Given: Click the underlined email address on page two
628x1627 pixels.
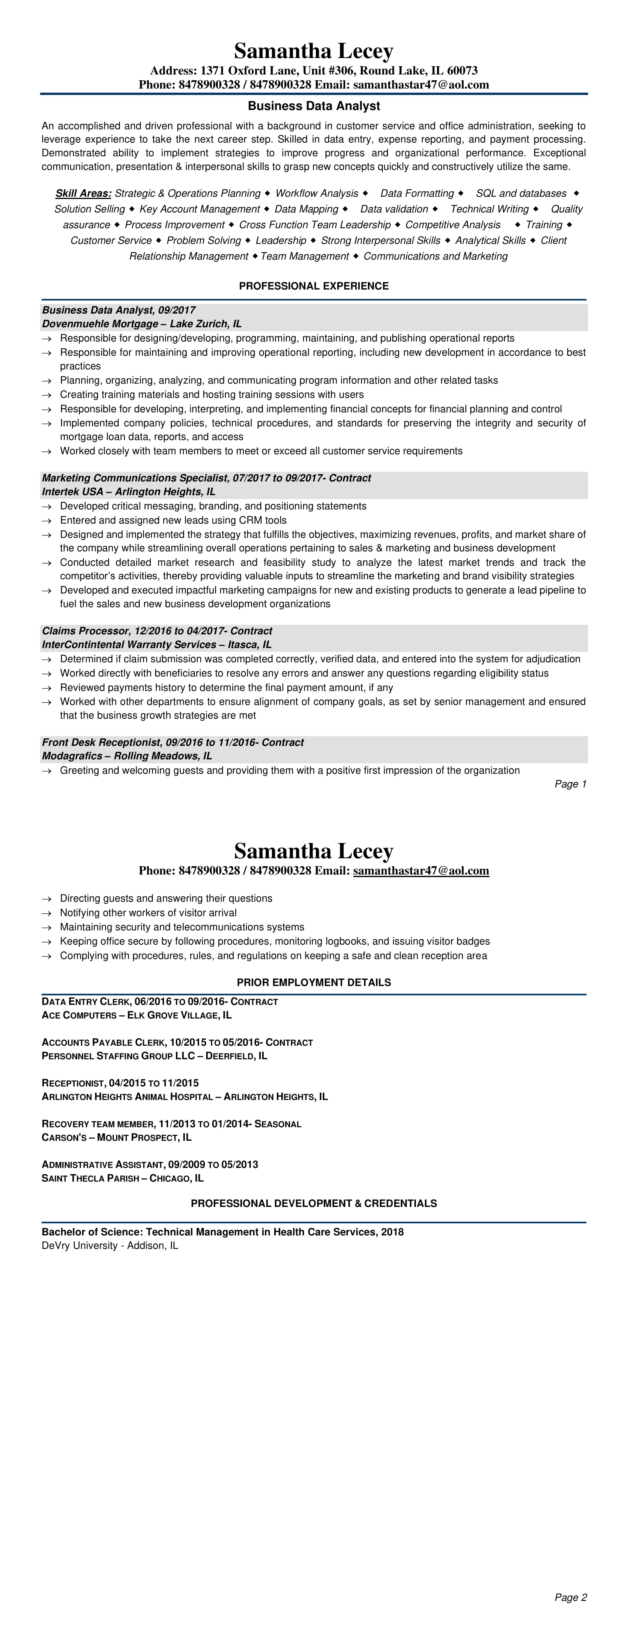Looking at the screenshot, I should (x=421, y=871).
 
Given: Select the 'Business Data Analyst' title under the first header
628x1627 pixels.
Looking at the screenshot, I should (x=314, y=106).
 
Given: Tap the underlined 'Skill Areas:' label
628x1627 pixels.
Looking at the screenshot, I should (x=83, y=193).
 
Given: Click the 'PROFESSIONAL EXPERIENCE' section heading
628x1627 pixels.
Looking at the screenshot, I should (x=314, y=286).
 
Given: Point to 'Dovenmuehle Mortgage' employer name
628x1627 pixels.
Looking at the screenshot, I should (x=100, y=324).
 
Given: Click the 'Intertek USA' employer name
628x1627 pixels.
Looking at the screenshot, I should (x=72, y=492).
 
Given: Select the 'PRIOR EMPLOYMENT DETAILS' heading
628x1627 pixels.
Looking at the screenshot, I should (x=314, y=983).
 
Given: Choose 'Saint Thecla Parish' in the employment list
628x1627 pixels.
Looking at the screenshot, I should (x=90, y=1178).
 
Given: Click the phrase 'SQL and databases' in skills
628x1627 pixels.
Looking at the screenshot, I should (x=521, y=193).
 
